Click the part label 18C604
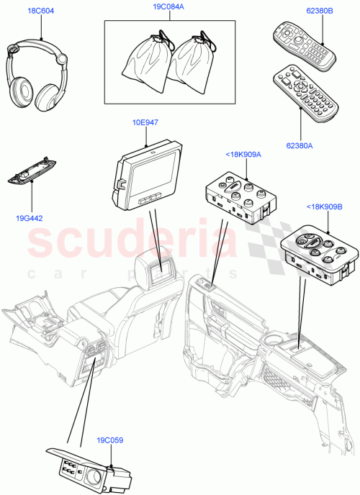(41, 12)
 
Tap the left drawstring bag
(146, 60)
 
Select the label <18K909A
(242, 155)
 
